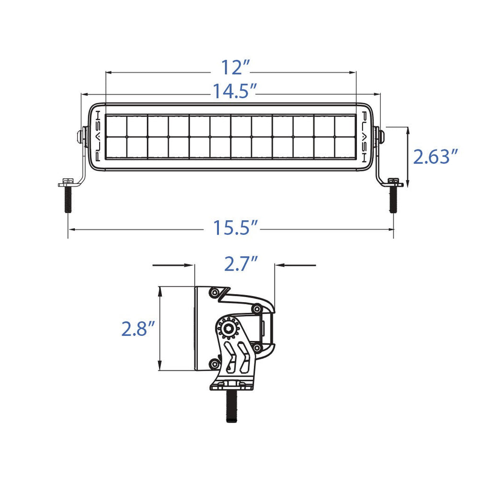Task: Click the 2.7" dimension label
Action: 241,264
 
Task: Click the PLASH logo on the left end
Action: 97,136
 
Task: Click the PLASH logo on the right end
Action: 364,136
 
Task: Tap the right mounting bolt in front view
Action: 393,199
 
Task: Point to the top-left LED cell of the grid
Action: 116,125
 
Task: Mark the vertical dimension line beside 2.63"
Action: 407,156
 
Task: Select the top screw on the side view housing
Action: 214,292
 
